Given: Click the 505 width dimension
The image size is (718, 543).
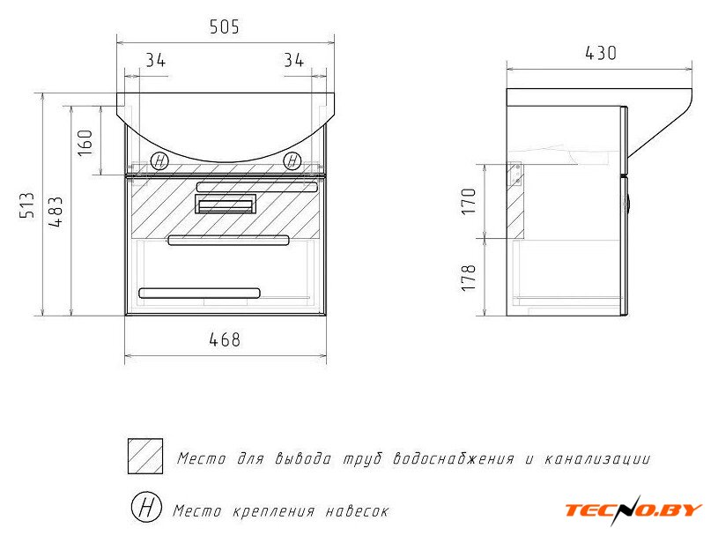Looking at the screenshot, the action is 225,26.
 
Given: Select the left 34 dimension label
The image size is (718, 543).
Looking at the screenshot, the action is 156,60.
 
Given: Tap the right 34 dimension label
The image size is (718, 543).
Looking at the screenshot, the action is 293,60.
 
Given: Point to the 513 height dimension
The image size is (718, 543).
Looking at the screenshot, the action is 27,205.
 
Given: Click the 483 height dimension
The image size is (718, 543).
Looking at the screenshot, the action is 56,212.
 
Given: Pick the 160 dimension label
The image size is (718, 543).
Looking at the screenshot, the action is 85,142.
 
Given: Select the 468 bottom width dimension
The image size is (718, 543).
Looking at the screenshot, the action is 225,339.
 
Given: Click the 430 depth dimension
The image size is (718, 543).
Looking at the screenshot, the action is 601,53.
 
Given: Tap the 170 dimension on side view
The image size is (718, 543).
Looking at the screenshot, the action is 469,201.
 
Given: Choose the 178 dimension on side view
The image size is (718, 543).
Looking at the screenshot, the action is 469,277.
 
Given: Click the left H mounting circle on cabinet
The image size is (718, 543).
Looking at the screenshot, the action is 159,161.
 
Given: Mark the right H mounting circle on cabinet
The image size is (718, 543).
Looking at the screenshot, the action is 292,161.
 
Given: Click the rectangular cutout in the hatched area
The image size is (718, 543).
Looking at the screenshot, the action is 226,204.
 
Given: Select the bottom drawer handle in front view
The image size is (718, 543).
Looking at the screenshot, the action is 200,293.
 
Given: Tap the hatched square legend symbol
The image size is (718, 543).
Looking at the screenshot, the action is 145,456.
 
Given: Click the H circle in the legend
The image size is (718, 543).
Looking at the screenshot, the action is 146,507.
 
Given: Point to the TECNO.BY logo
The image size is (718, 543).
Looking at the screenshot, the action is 633,510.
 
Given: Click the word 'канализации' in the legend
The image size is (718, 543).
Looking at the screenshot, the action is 597,458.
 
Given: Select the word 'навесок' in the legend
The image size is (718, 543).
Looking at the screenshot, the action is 357,511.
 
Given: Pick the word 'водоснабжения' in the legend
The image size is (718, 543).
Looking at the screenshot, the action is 454,458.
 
